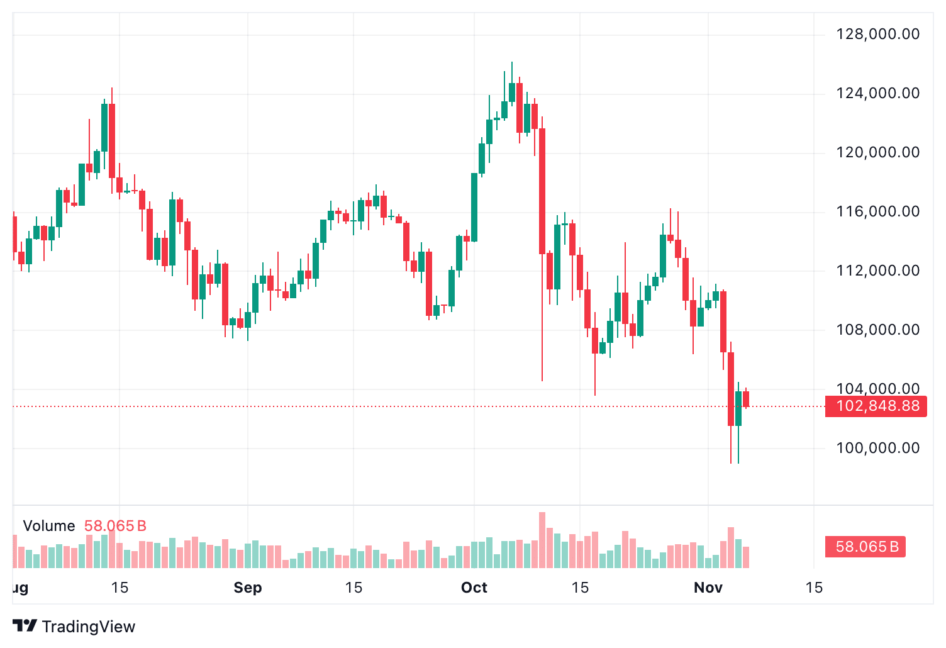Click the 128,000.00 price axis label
(877, 34)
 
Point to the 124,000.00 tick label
(877, 93)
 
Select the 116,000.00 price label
(877, 211)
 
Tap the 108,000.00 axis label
(877, 330)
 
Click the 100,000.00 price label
(877, 448)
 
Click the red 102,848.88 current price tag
(876, 406)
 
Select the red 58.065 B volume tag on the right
(865, 547)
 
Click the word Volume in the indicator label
(49, 526)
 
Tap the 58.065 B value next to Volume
(115, 526)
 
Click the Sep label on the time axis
(247, 588)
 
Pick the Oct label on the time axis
(474, 588)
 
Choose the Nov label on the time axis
(708, 588)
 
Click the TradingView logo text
(88, 627)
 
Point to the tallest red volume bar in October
(542, 540)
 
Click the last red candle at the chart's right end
(746, 399)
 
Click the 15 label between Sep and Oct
(353, 588)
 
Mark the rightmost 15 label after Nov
(814, 588)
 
